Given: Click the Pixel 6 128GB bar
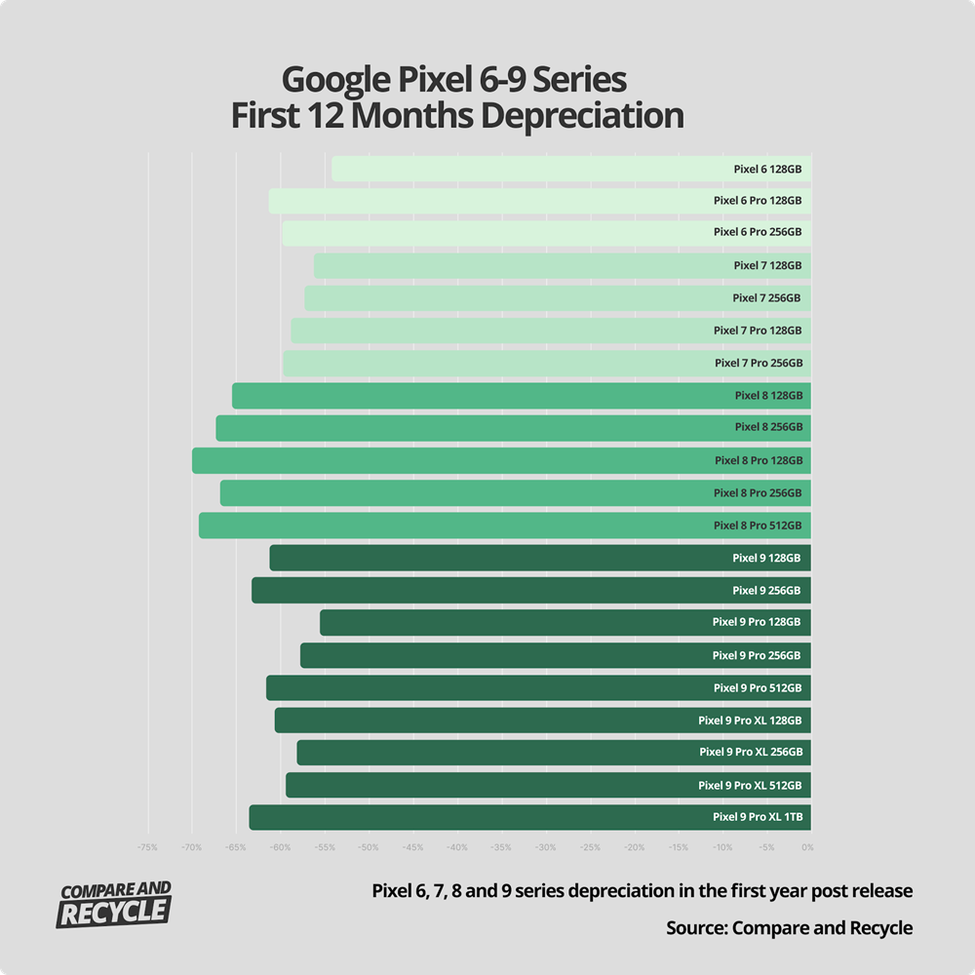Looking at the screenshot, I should (x=526, y=169).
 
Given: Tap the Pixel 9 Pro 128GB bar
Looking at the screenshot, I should (x=517, y=622).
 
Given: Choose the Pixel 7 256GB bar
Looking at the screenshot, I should (x=517, y=298).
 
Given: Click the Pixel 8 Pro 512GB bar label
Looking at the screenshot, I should (x=758, y=526).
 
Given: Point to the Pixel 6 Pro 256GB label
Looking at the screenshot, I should (x=758, y=233).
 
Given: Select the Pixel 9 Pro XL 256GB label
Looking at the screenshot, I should (x=751, y=753).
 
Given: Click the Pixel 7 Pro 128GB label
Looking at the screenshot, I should (x=758, y=331).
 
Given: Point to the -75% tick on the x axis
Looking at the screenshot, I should (x=147, y=847).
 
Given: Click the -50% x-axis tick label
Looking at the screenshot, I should (x=369, y=847).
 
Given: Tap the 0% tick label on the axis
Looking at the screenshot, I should (x=807, y=847).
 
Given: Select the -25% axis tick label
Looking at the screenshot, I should (x=590, y=847).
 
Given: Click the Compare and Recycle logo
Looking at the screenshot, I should (x=115, y=904).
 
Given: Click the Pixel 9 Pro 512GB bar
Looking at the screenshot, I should (x=487, y=687).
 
